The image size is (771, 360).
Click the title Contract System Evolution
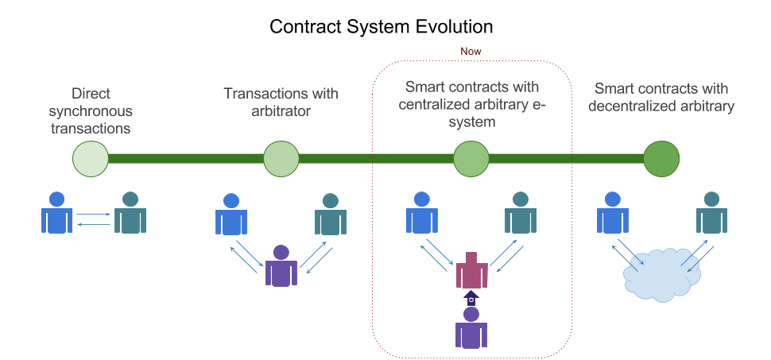tap(381, 26)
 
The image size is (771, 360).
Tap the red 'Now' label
tap(471, 51)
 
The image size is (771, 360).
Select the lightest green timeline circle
tap(91, 158)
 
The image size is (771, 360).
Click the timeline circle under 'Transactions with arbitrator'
tap(281, 158)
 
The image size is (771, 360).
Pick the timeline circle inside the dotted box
tap(471, 158)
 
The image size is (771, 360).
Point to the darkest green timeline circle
tap(661, 158)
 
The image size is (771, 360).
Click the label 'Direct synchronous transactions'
tap(91, 110)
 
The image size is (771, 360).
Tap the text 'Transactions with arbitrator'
tap(281, 102)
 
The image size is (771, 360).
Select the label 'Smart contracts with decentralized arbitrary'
tap(661, 98)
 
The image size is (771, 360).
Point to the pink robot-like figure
tap(471, 270)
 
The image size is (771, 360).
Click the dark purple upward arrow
tap(471, 298)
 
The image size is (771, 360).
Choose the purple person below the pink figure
tap(471, 328)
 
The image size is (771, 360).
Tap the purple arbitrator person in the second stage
tap(281, 265)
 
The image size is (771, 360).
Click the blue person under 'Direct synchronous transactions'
tap(56, 212)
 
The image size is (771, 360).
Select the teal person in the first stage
tap(130, 212)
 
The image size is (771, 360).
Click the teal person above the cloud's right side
tap(711, 212)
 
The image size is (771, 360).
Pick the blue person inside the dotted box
tap(422, 212)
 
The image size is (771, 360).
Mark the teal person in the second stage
tap(331, 214)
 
